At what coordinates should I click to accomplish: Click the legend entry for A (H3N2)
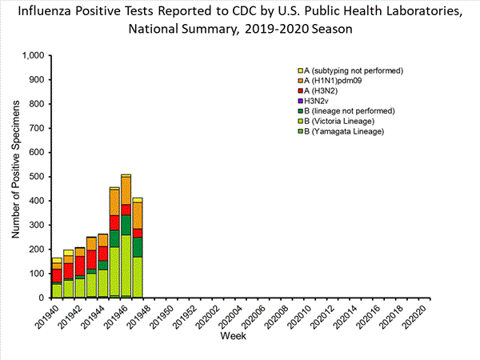coord(325,92)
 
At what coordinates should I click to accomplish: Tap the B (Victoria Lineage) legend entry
coord(339,121)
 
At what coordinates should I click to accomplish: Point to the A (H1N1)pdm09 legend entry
coord(337,82)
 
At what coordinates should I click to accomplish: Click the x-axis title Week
coord(234,338)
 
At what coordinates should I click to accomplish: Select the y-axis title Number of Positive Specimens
coord(16,177)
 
